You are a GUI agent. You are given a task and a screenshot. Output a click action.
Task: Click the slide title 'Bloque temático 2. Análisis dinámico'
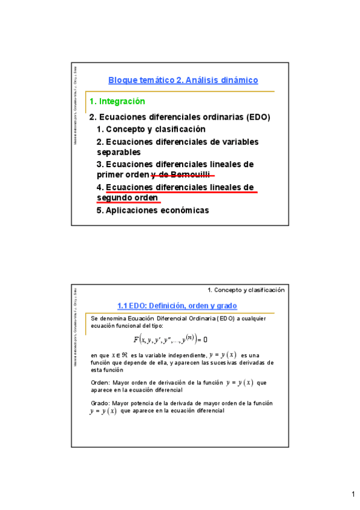coord(183,80)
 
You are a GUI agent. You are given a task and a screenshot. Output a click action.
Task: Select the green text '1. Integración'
coord(117,102)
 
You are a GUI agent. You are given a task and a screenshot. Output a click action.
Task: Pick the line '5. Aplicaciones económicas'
coord(153,210)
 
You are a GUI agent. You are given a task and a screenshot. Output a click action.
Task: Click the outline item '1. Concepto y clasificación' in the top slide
coord(151,129)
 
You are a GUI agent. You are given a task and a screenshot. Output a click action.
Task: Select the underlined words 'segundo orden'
coord(127,198)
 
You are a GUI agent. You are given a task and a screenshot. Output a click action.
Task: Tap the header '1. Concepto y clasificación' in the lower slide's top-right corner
coord(246,290)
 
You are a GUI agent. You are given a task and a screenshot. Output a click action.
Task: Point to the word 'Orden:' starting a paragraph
coord(100,382)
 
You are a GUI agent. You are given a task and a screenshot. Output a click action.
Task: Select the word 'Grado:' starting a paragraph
coord(100,404)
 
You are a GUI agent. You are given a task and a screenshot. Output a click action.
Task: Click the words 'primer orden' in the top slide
coord(122,175)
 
